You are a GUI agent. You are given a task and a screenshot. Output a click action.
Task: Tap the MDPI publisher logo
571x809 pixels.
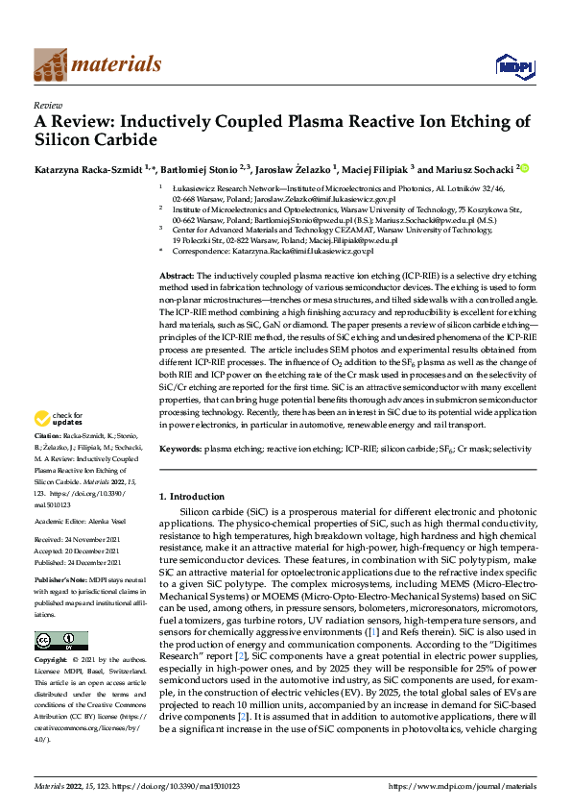click(512, 65)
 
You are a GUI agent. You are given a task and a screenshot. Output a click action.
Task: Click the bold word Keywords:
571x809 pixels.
click(179, 449)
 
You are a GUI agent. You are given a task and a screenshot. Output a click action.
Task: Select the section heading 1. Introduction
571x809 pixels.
click(191, 496)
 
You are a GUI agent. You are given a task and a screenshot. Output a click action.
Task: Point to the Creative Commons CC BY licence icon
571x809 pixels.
click(60, 641)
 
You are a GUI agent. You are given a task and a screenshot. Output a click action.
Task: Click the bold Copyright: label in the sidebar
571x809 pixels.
click(50, 661)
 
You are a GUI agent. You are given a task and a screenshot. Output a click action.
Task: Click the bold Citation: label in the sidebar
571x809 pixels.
click(48, 450)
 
